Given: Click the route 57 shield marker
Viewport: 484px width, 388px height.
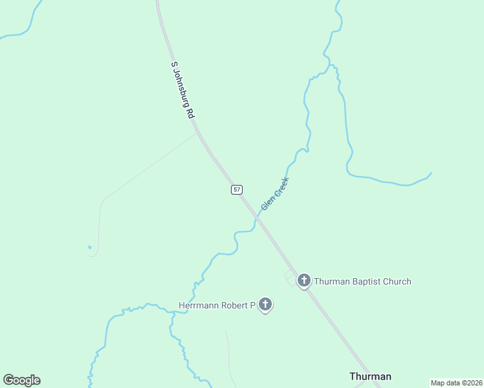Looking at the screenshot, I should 237,189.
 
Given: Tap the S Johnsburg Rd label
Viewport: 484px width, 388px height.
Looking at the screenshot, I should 182,90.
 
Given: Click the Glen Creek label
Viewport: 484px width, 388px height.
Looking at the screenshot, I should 275,193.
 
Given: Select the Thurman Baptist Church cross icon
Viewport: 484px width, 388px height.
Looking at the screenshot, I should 304,281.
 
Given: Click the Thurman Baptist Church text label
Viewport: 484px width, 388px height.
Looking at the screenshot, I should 363,281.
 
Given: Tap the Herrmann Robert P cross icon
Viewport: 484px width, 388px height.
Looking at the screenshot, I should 265,304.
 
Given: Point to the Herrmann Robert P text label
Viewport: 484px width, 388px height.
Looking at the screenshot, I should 217,305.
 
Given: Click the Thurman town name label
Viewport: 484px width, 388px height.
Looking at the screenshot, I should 370,376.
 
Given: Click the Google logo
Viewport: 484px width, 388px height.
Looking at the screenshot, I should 22,380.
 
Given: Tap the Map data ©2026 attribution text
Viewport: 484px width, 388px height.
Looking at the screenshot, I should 456,383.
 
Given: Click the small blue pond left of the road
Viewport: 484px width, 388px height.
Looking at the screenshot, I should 89,246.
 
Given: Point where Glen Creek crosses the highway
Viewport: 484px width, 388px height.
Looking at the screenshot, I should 258,219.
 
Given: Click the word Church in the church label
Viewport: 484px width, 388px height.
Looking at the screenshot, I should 397,281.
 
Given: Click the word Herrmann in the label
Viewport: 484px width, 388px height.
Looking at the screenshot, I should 199,305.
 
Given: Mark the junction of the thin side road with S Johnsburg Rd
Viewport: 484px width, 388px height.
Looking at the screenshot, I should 197,133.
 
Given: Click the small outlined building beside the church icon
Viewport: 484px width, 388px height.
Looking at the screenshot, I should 289,276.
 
